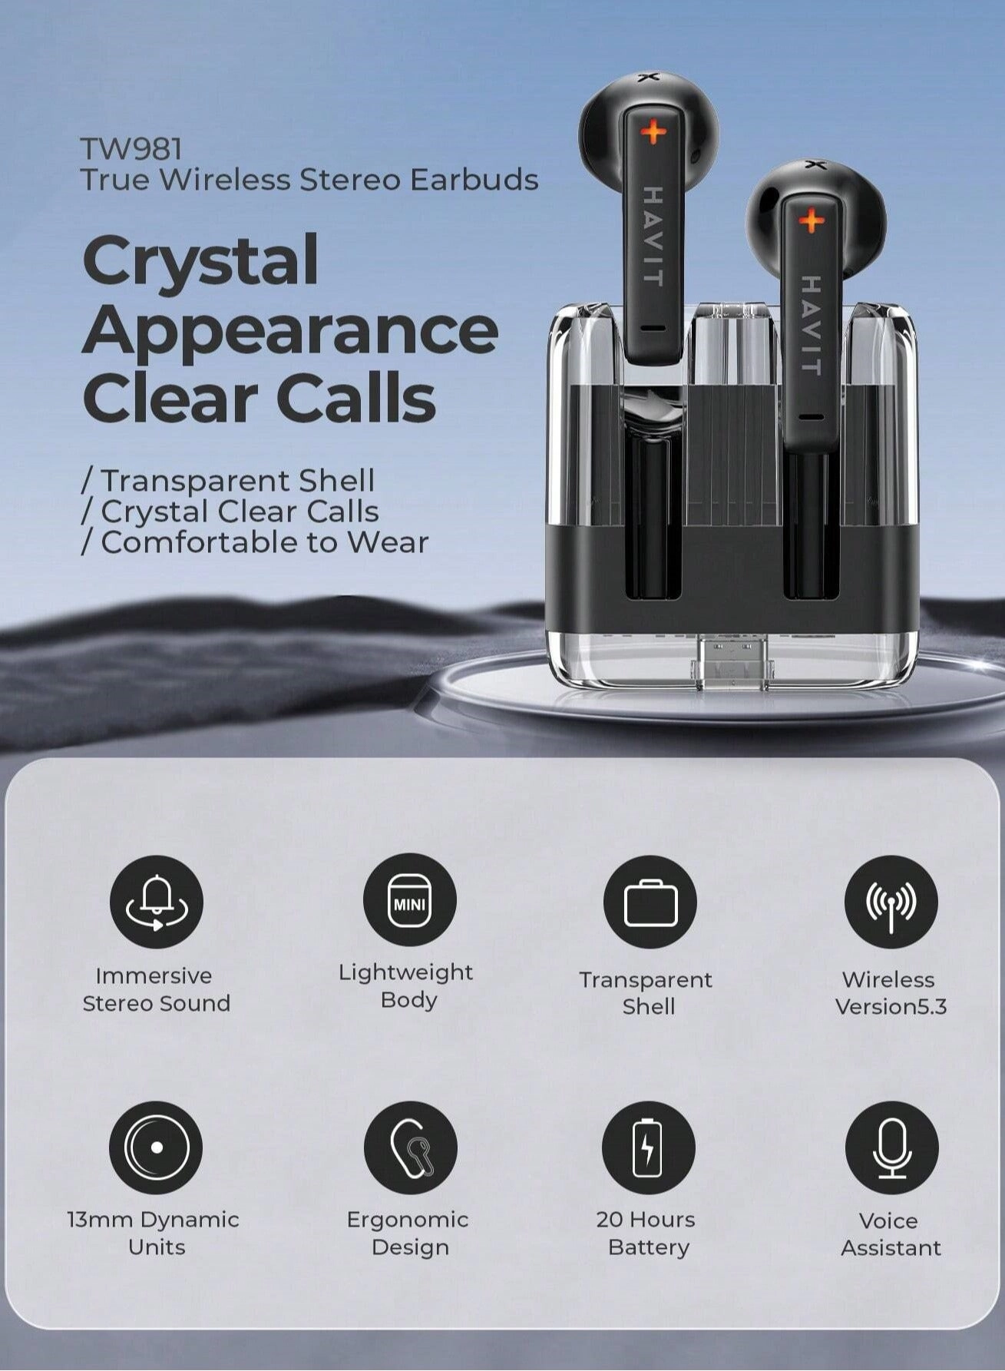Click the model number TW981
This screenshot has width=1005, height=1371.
tap(131, 147)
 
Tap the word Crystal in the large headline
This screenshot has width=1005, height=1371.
tap(200, 260)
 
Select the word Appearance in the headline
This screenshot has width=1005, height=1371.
tap(290, 330)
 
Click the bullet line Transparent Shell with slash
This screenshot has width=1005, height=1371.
tap(228, 481)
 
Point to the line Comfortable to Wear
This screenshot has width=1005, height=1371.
tap(255, 542)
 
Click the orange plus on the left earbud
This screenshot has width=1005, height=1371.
tap(653, 132)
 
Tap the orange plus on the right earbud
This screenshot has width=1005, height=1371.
tap(811, 222)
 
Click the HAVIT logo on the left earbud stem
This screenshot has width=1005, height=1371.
tap(653, 236)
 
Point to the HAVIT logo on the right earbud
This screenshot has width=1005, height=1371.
tap(811, 325)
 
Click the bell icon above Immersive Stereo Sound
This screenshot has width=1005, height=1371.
tap(157, 901)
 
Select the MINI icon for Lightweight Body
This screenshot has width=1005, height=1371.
tap(409, 900)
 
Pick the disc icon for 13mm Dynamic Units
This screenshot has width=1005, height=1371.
tap(156, 1147)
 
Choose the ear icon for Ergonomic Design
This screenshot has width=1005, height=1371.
tap(410, 1147)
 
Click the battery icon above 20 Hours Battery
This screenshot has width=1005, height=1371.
tap(649, 1147)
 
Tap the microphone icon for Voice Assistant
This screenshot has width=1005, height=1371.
tap(891, 1147)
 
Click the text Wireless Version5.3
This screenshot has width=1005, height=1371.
tap(890, 993)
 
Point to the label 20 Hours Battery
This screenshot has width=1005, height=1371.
tap(647, 1234)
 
